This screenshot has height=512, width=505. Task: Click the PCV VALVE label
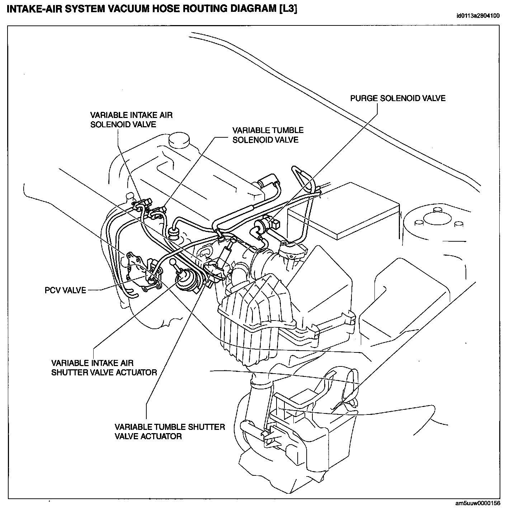click(65, 290)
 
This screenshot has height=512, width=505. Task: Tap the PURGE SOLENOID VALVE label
click(398, 98)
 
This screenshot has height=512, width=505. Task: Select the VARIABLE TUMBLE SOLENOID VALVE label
click(268, 135)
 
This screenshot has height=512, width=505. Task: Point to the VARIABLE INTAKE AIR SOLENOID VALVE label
click(131, 120)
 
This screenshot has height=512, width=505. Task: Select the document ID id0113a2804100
click(478, 16)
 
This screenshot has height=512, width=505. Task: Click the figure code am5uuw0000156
click(478, 503)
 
